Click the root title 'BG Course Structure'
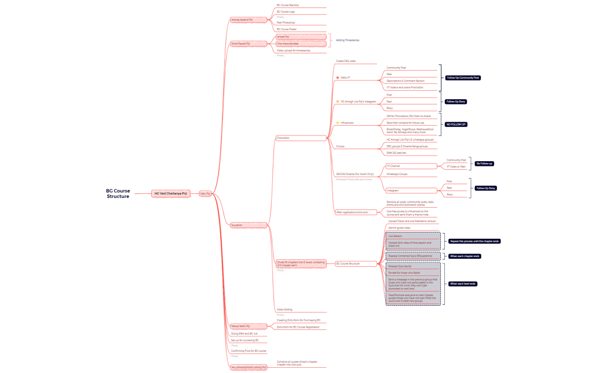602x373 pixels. tap(118, 193)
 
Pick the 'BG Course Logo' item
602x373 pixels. tap(287, 11)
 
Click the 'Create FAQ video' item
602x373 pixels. tap(346, 61)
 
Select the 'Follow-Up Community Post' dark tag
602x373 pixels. tap(463, 77)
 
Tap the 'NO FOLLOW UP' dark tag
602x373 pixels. tap(456, 124)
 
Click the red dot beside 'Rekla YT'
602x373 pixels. tap(337, 77)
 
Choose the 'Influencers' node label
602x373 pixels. tap(347, 123)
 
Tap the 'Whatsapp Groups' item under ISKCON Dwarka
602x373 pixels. tap(396, 174)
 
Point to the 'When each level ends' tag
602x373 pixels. tap(463, 284)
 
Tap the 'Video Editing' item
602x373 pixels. tap(284, 309)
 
